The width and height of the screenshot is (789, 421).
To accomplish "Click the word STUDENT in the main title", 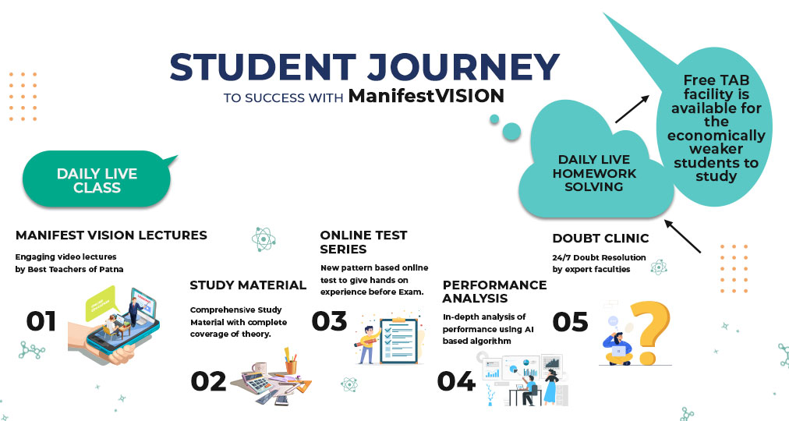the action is tap(264, 67).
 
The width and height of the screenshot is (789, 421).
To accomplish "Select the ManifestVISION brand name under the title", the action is tap(426, 95).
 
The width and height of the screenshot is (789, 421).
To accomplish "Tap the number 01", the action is tap(41, 321).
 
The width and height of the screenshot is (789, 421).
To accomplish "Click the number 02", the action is tap(208, 381).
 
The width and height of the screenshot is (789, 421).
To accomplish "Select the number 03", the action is tap(329, 321).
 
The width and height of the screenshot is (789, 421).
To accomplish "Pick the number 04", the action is tap(456, 381).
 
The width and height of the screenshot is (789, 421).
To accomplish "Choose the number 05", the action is tap(570, 322).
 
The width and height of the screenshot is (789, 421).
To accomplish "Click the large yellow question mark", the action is tap(650, 331).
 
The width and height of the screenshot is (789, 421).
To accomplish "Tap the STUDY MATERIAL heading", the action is tap(248, 285).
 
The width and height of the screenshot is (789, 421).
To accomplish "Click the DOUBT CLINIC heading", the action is tap(601, 238).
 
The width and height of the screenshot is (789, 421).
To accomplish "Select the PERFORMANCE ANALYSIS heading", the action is tap(494, 292).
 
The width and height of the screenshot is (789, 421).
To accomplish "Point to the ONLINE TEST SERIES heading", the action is tap(363, 242).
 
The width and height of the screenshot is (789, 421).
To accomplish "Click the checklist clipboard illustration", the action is tap(398, 340).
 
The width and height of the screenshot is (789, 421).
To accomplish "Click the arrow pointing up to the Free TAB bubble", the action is tap(632, 109).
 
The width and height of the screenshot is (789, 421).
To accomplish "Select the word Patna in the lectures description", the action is tap(111, 269).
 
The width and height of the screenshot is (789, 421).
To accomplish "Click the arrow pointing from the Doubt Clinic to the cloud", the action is tap(682, 236).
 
